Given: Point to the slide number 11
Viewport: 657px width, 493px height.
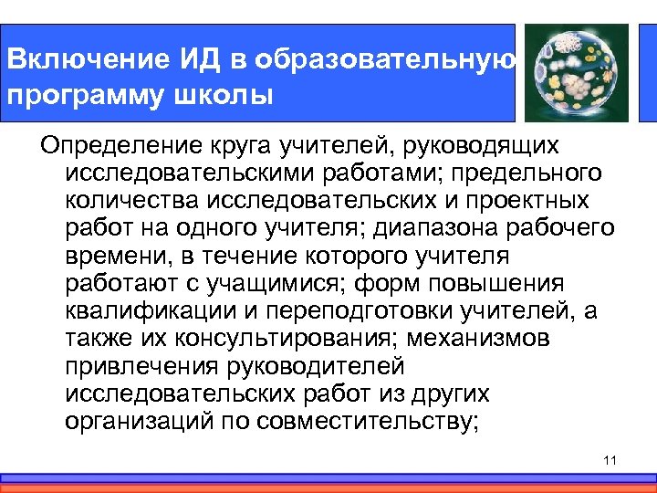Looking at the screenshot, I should [x=610, y=459].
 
